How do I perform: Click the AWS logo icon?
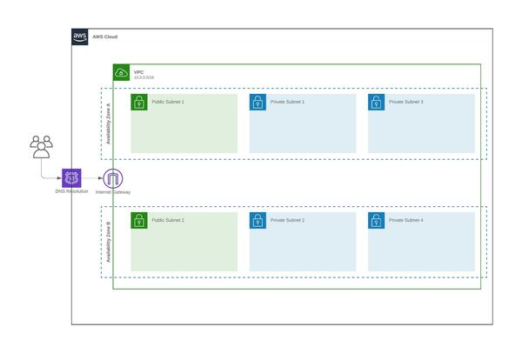click(80, 37)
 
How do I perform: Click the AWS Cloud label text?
click(104, 37)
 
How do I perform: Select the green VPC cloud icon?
click(121, 72)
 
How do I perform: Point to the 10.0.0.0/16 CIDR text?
click(144, 78)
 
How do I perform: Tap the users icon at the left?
click(41, 147)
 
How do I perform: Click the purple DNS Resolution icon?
click(71, 177)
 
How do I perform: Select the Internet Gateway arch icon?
click(113, 177)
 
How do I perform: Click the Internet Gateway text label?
click(113, 191)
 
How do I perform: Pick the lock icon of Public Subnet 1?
click(139, 103)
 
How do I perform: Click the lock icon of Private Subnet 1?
click(258, 103)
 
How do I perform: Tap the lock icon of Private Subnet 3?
click(377, 103)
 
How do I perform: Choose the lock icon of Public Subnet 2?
click(139, 221)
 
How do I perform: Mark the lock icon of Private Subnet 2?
click(258, 221)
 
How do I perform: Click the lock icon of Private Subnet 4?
click(377, 221)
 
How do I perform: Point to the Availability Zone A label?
click(109, 123)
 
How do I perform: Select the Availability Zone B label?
click(109, 242)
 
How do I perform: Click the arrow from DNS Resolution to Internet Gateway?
click(92, 177)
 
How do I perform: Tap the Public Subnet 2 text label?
click(168, 221)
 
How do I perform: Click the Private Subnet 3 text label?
click(405, 103)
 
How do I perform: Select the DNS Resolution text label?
click(71, 191)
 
